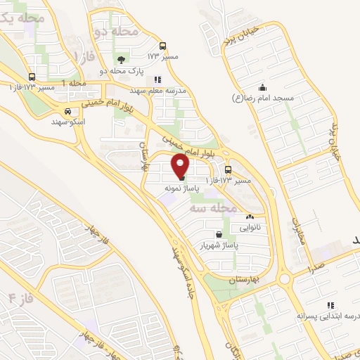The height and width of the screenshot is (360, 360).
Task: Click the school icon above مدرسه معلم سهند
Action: (x=157, y=80)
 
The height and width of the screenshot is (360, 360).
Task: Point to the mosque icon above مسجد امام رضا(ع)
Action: (x=262, y=87)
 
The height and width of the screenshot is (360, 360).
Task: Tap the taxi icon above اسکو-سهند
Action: (x=67, y=111)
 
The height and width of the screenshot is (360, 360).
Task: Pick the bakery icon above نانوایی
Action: (x=250, y=217)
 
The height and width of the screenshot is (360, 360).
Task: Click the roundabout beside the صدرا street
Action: (x=285, y=279)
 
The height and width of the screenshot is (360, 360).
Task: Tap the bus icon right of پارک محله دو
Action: (x=163, y=46)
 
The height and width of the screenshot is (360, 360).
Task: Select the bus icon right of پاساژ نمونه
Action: (x=228, y=169)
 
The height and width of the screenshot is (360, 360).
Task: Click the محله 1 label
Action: (x=74, y=84)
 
